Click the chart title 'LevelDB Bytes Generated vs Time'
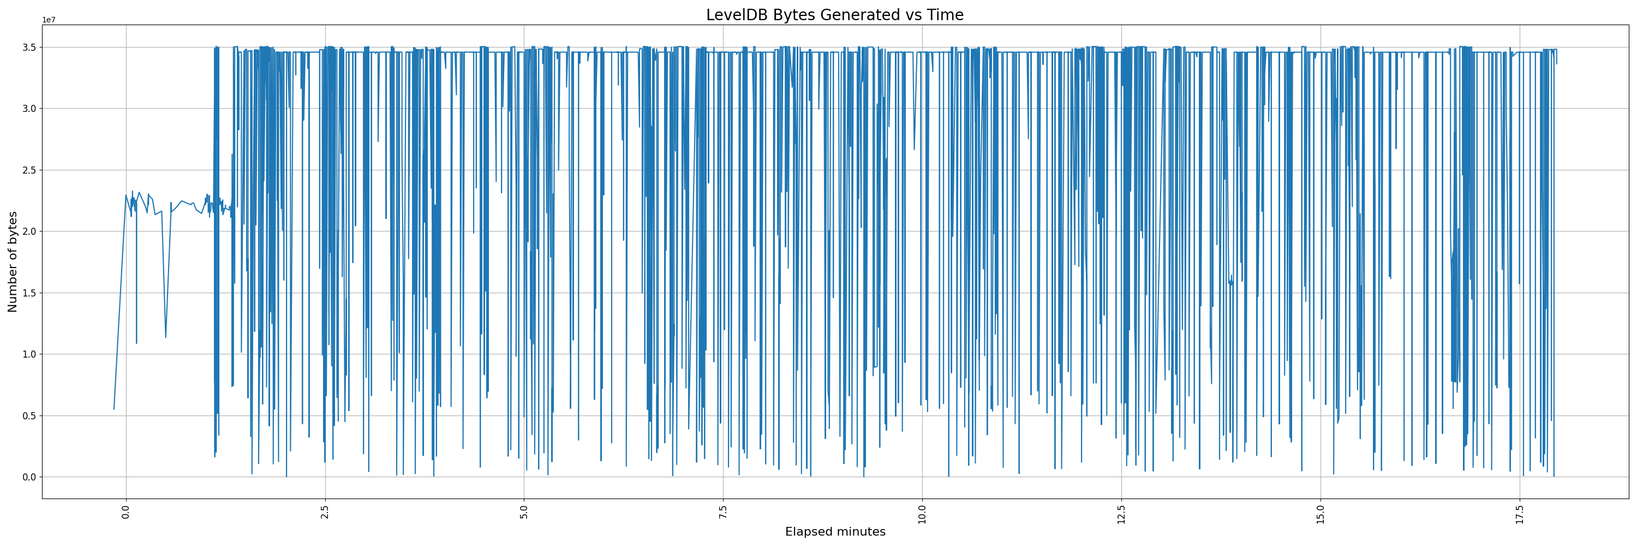coord(834,15)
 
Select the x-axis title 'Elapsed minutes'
coord(834,532)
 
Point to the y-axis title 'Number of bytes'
coord(13,262)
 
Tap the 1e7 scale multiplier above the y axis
coord(49,20)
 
